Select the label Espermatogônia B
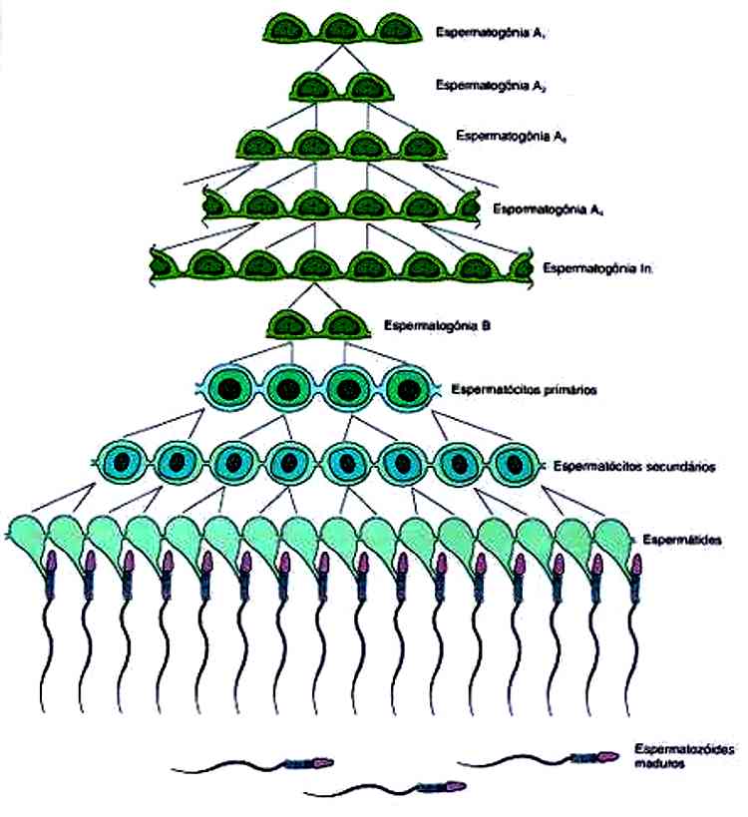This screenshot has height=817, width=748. click(x=434, y=325)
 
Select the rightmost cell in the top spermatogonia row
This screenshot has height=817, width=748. click(x=398, y=27)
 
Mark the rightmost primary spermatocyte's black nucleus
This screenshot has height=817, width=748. click(x=406, y=386)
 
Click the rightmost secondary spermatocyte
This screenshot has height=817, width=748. click(x=515, y=463)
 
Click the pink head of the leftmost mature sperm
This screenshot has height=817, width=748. click(x=321, y=764)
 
